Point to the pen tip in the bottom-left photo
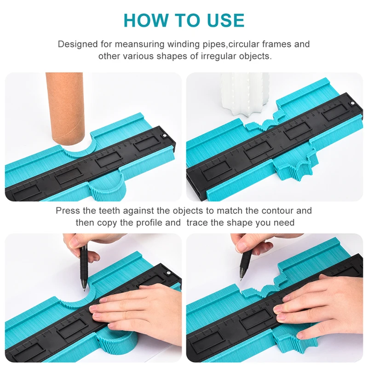click(x=85, y=290)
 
